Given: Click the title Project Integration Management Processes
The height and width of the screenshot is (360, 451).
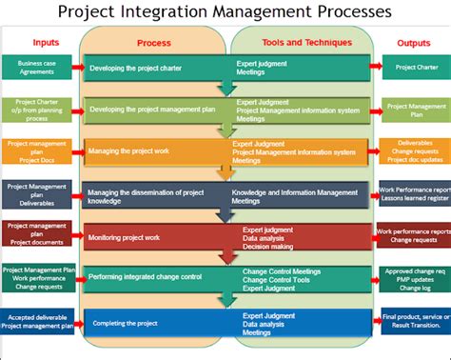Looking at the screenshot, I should point(225,11).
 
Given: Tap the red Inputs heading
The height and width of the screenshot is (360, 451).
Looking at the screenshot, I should point(45,42).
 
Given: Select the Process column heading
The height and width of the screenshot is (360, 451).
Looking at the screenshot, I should point(153,43).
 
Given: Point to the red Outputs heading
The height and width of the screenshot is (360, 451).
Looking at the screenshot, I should point(414,42).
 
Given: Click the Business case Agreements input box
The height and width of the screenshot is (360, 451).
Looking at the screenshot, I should point(35,68).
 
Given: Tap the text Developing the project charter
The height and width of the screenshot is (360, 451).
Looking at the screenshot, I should point(137,69).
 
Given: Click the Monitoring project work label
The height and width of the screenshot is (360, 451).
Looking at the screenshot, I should point(124,236).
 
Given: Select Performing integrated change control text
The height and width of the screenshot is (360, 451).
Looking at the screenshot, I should point(145,277).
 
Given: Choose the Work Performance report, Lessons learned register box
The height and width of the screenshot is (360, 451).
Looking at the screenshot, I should point(415,194).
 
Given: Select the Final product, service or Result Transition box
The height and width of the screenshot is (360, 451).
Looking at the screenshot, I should point(416,322).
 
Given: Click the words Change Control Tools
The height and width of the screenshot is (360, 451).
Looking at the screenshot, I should point(276,280).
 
